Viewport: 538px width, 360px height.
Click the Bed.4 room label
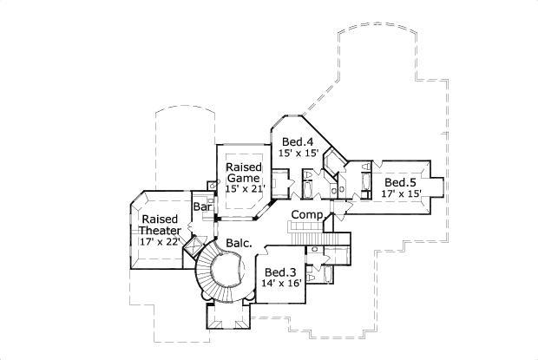coord(297,141)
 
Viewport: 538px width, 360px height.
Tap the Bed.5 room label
coord(401,182)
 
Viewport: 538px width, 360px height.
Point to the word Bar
coord(204,207)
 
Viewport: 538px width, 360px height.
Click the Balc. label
coord(239,244)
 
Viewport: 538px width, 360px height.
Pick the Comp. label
coord(307,214)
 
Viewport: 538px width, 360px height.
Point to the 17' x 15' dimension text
coord(401,194)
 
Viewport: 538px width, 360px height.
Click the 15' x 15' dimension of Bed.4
coord(299,153)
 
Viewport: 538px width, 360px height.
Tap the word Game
coord(242,178)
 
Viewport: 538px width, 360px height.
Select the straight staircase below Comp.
coord(305,235)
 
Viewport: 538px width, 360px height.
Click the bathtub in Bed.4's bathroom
coord(310,186)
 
